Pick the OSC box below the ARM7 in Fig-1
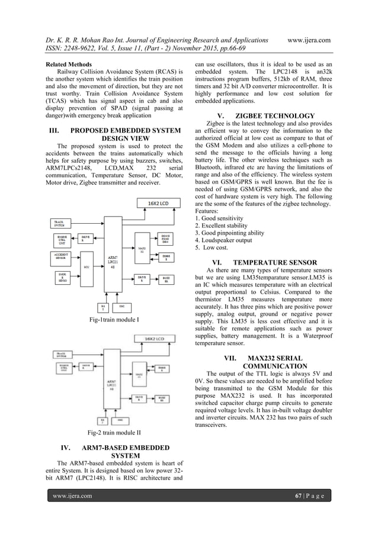point(122,306)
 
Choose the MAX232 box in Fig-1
point(141,250)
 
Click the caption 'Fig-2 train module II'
point(113,433)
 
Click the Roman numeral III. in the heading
point(53,130)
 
